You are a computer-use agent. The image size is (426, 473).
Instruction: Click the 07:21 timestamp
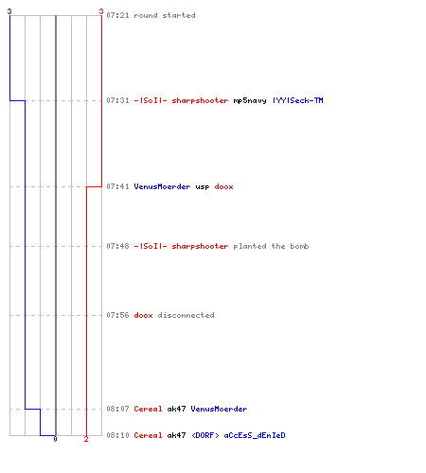(117, 15)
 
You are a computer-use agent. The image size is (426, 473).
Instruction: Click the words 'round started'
(165, 15)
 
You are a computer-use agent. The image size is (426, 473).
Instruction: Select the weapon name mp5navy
(250, 100)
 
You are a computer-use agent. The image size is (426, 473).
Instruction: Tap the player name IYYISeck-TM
(298, 100)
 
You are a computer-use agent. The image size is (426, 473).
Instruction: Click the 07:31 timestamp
(117, 100)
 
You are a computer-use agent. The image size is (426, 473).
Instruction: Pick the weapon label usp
(203, 186)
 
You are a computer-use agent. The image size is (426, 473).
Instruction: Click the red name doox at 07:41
(223, 186)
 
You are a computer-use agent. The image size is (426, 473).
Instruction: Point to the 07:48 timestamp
(117, 246)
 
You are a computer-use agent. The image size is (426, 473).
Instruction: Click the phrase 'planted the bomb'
(271, 246)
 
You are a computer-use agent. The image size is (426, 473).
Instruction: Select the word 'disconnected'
(186, 315)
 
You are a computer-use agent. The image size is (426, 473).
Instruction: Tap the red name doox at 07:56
(143, 315)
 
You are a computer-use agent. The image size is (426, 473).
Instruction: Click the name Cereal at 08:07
(148, 409)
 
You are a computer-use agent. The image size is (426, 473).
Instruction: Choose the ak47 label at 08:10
(176, 435)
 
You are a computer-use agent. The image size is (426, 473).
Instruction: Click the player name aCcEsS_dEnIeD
(255, 435)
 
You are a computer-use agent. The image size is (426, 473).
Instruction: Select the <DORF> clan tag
(205, 435)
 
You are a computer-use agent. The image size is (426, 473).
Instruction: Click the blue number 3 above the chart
(9, 11)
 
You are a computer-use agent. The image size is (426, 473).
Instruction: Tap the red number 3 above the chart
(101, 11)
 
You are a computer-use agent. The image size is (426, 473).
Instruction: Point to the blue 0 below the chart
(55, 439)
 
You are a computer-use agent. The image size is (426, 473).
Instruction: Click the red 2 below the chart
(86, 439)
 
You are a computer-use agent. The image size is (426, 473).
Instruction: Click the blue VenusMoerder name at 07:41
(162, 186)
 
